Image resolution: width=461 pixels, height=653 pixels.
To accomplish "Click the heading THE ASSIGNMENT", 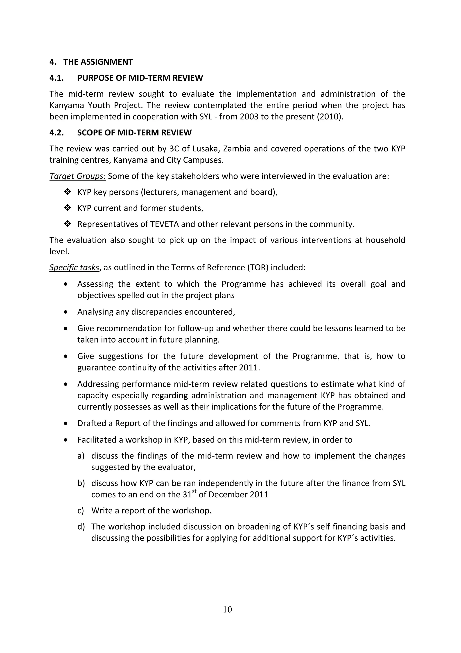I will (98, 62).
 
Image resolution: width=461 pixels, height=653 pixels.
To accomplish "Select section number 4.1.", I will (56, 78).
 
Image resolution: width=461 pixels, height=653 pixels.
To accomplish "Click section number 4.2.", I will (56, 132).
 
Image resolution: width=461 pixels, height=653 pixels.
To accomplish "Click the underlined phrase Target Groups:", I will (77, 176).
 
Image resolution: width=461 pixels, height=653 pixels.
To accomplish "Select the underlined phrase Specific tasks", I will (74, 268).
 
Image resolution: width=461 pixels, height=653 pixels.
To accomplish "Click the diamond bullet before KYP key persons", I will (67, 192).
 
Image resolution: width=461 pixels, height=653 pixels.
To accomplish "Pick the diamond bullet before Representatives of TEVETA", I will (67, 224).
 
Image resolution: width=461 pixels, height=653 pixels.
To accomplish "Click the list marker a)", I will (81, 456).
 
